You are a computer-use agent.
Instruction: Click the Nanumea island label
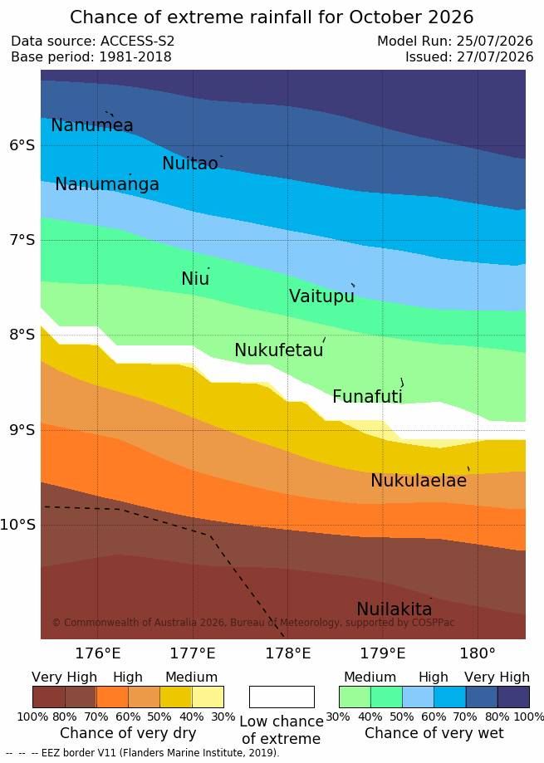point(92,125)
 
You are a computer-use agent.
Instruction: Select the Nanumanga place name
point(107,184)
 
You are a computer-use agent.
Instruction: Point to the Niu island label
point(195,279)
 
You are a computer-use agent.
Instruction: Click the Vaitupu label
point(321,296)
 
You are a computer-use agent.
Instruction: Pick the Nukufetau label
point(279,350)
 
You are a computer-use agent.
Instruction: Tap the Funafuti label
point(367,396)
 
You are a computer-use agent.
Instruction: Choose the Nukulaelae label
point(419,480)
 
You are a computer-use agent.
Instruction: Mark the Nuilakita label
point(395,609)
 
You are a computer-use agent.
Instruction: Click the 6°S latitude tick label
point(22,145)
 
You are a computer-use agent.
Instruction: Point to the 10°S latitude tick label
point(18,525)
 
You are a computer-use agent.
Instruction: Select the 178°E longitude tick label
point(288,653)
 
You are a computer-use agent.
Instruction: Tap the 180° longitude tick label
point(478,653)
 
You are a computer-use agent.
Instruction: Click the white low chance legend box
point(282,697)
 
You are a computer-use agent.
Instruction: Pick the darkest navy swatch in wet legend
point(513,697)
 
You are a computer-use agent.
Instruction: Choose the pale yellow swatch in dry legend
point(208,697)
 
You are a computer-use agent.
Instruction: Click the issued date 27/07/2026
point(495,57)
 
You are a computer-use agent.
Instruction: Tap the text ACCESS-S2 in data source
point(137,41)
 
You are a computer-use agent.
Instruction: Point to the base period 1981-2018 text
point(135,57)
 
